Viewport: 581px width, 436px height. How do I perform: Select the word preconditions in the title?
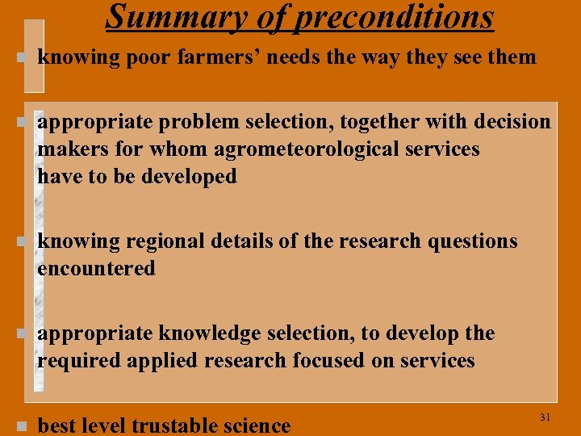click(x=394, y=15)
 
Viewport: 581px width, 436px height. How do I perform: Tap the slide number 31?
click(x=544, y=417)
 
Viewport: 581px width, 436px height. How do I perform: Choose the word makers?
click(x=69, y=149)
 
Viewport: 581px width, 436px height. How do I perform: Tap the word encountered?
click(x=96, y=269)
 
